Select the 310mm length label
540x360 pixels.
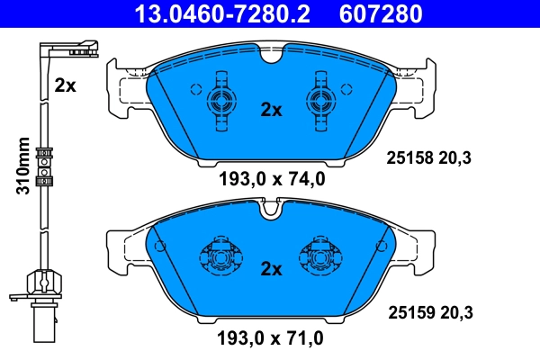(x=24, y=166)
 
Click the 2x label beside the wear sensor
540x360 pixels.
(x=65, y=85)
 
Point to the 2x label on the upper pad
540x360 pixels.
(x=271, y=110)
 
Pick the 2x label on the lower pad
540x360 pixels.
(x=271, y=267)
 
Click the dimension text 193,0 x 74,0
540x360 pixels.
(x=271, y=180)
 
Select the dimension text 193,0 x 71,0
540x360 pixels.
(x=271, y=339)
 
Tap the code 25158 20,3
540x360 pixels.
(x=429, y=158)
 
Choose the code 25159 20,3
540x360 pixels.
(x=429, y=312)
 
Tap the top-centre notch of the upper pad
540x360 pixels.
(x=271, y=55)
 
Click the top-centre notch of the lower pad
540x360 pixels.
(x=271, y=211)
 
